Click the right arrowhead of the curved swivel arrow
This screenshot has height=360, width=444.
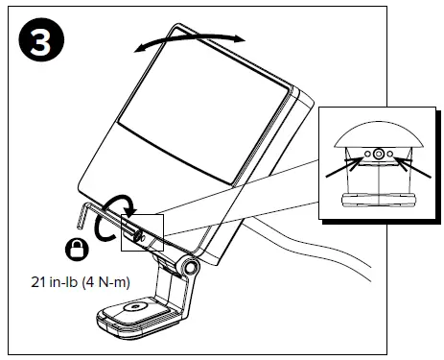[240, 38]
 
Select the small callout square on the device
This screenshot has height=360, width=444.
[143, 233]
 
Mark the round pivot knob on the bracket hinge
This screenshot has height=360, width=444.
[191, 268]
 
